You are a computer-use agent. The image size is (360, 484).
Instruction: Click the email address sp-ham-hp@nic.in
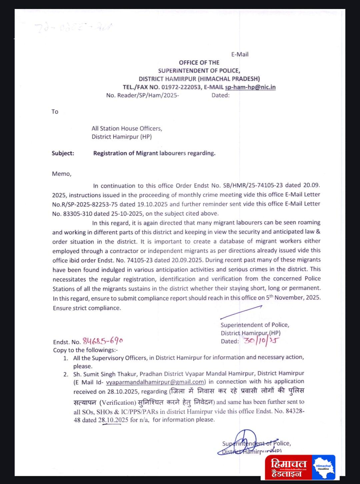click(250, 87)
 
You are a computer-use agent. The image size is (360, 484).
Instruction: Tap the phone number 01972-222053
click(181, 87)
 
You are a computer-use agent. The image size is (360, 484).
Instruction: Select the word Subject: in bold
click(63, 153)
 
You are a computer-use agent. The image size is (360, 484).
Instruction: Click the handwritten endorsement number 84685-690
click(103, 341)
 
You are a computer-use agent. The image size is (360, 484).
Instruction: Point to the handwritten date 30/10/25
click(261, 341)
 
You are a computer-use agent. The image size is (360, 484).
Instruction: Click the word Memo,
click(62, 174)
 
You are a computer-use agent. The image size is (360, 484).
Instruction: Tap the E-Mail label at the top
click(240, 54)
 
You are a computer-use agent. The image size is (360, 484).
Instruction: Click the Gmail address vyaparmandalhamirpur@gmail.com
click(155, 382)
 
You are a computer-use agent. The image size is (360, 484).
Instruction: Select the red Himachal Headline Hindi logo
click(288, 468)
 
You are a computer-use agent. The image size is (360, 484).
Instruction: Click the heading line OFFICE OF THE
click(199, 63)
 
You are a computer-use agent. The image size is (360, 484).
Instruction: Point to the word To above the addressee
click(55, 112)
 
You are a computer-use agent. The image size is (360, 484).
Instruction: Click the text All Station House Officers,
click(127, 128)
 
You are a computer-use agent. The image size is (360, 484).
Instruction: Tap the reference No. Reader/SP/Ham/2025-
click(142, 95)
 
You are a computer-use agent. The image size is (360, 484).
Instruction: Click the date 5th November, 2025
click(293, 297)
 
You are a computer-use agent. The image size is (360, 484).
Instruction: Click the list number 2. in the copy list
click(66, 374)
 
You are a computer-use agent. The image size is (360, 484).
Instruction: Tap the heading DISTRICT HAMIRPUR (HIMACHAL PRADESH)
click(199, 79)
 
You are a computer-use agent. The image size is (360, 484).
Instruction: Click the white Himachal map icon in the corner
click(323, 467)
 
